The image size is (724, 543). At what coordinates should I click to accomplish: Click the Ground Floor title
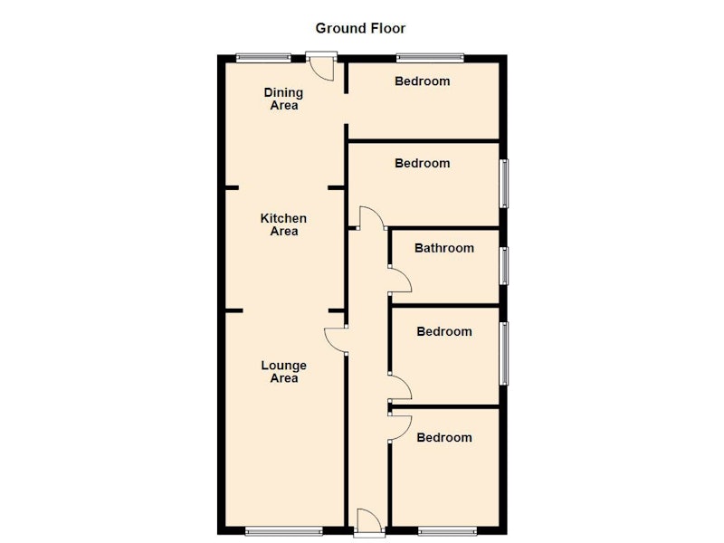[x=360, y=29]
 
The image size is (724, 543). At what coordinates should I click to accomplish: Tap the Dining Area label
[x=283, y=99]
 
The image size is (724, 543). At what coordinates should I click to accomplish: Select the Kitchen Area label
[x=283, y=224]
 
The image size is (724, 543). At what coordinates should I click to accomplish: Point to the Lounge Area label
[x=283, y=372]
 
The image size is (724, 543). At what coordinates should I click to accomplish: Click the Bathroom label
[x=444, y=248]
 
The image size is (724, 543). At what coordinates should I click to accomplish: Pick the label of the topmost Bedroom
[x=422, y=81]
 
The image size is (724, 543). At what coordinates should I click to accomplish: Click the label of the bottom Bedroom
[x=444, y=438]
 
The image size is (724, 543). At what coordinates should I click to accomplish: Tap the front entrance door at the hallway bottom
[x=369, y=522]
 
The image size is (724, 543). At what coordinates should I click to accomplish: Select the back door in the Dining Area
[x=321, y=66]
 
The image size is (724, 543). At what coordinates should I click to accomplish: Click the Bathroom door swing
[x=400, y=280]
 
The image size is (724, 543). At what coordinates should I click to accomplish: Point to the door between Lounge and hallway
[x=336, y=341]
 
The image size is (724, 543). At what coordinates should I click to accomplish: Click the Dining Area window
[x=263, y=58]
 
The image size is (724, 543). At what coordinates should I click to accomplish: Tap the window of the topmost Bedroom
[x=430, y=58]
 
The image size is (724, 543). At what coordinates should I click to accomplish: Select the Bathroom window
[x=504, y=266]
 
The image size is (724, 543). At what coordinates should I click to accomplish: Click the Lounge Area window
[x=283, y=531]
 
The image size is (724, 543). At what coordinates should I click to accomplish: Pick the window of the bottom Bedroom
[x=448, y=531]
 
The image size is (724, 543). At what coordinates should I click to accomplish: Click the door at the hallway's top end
[x=372, y=218]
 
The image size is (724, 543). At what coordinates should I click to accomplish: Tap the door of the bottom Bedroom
[x=400, y=428]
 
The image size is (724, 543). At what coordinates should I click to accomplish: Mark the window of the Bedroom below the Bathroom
[x=504, y=353]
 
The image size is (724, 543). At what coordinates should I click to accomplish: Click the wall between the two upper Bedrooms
[x=424, y=140]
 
